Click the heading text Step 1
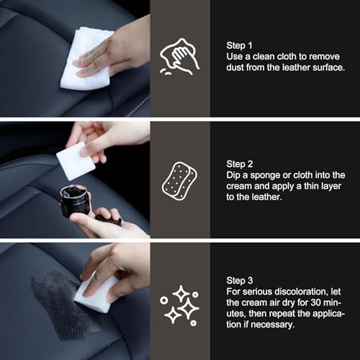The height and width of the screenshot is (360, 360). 241,42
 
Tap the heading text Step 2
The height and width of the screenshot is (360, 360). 241,163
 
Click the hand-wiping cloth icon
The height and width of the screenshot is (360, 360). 180,57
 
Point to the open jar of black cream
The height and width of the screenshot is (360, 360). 75,199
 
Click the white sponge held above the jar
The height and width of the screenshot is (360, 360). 75,160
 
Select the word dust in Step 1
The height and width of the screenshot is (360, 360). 237,67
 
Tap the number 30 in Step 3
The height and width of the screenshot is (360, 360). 321,303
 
